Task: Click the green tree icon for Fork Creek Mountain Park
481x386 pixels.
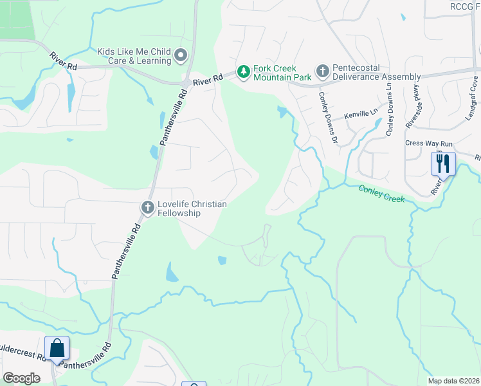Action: click(243, 71)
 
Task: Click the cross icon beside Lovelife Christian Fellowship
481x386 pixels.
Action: click(147, 208)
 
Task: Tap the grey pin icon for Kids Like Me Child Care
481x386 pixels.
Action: click(181, 55)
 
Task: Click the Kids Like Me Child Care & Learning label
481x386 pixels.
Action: click(134, 55)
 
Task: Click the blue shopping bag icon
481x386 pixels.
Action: click(57, 348)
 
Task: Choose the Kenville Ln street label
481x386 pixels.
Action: click(361, 114)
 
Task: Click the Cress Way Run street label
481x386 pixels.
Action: click(430, 143)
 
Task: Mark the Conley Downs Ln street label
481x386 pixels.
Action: click(390, 109)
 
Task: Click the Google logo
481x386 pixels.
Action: click(21, 378)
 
